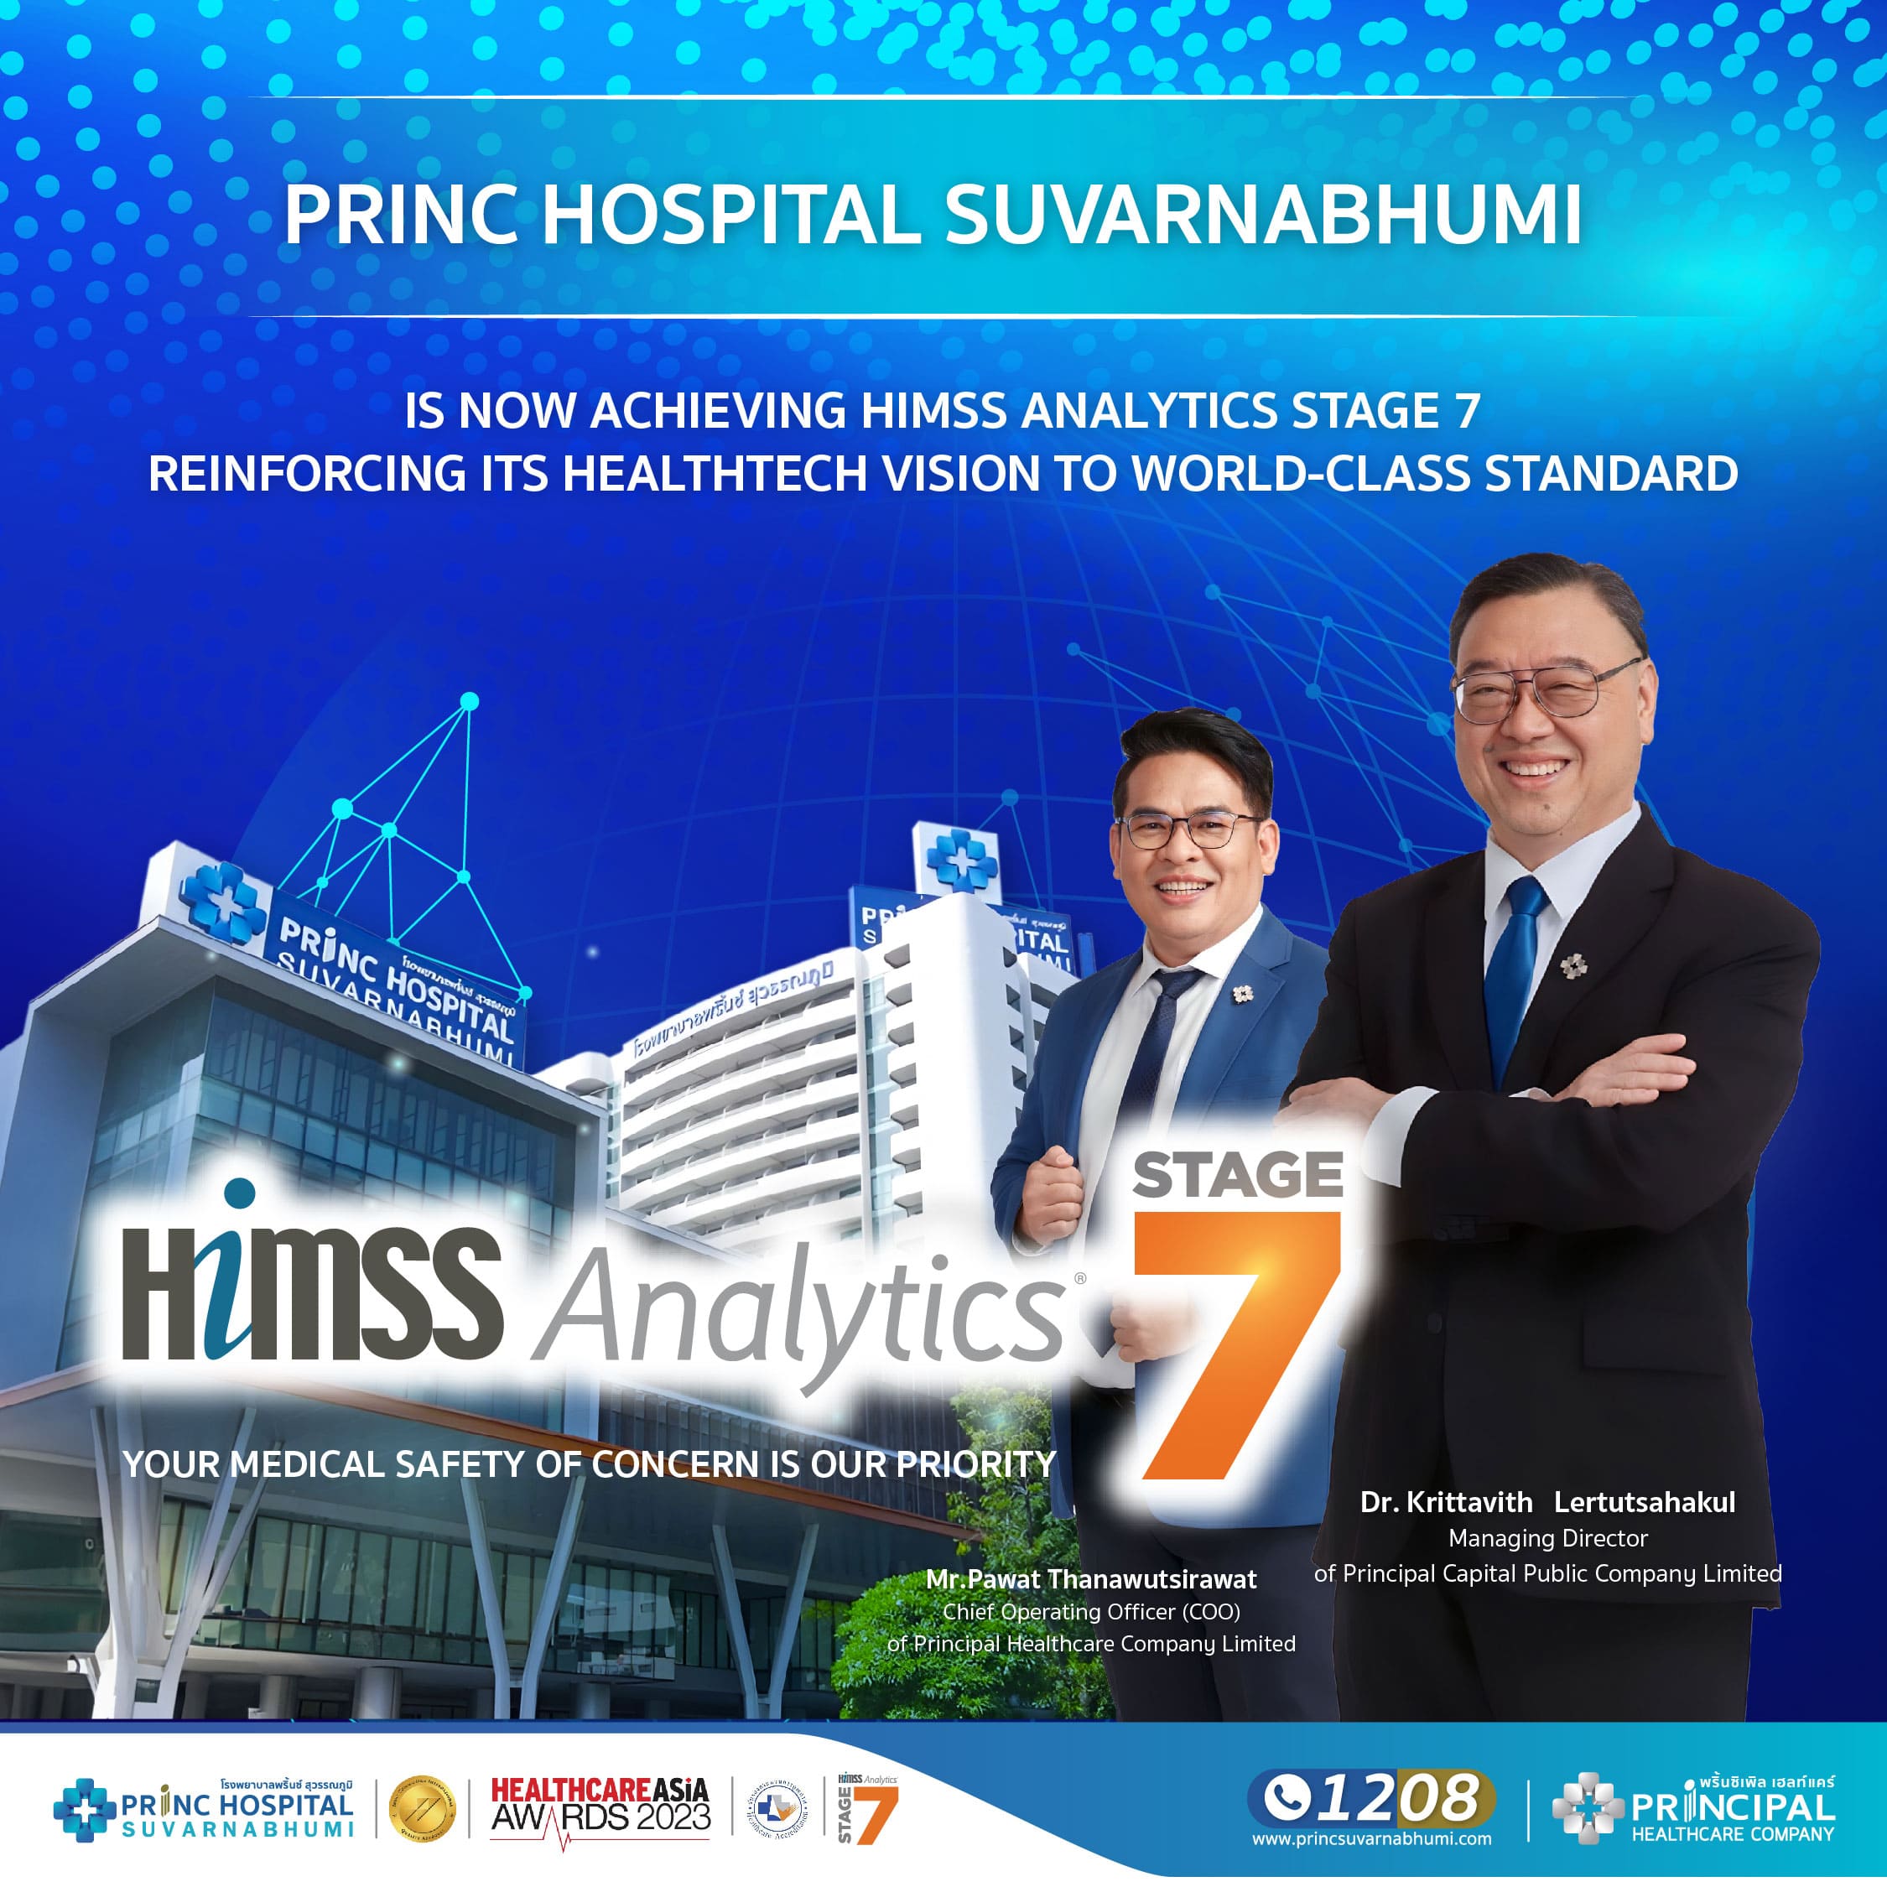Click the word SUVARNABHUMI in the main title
pos(1262,215)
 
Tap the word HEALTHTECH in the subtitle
pos(715,475)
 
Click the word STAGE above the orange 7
pos(1238,1175)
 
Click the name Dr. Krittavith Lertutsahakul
pos(1547,1502)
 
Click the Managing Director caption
pos(1547,1538)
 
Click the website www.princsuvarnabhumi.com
pos(1371,1839)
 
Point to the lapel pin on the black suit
pos(1572,966)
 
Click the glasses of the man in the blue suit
pos(1186,831)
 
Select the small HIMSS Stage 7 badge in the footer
pos(866,1808)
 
